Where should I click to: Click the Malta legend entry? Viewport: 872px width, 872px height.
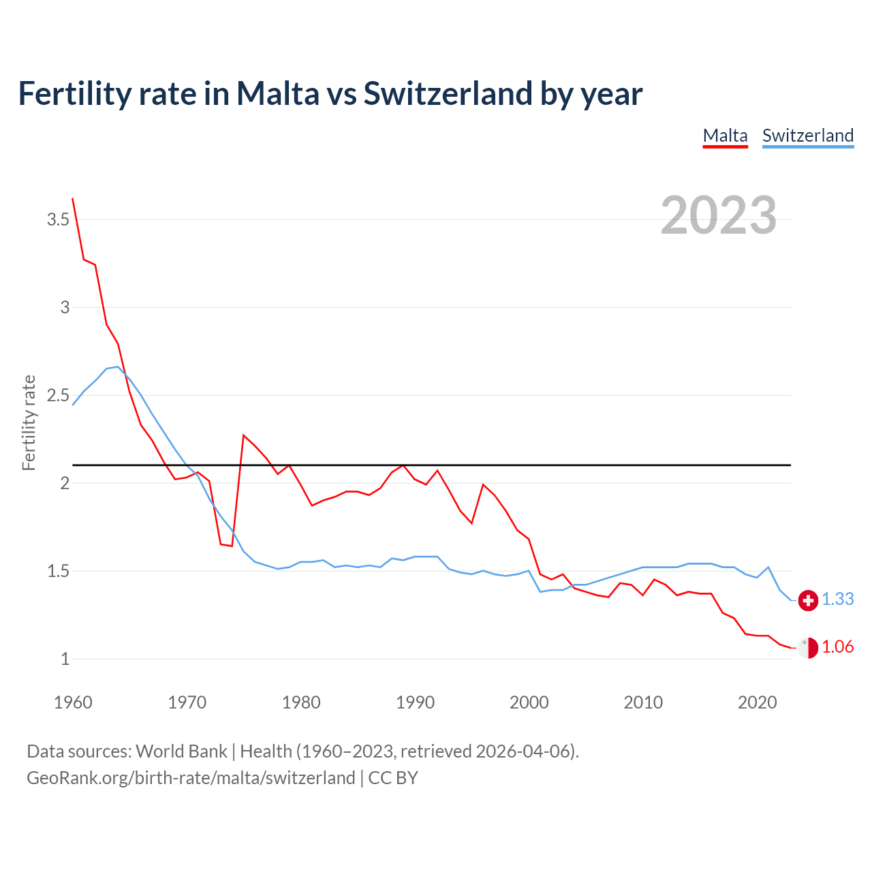[x=725, y=136]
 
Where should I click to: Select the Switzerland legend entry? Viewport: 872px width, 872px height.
[x=807, y=136]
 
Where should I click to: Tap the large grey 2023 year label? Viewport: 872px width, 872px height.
[x=718, y=215]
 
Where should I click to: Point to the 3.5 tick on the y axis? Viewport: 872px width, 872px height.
[x=58, y=219]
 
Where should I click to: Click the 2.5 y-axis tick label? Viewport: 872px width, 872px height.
[x=58, y=395]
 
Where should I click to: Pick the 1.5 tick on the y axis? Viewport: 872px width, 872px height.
[x=58, y=571]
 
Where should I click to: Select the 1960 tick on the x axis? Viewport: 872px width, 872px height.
[x=73, y=702]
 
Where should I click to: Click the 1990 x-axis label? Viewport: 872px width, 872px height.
[x=415, y=702]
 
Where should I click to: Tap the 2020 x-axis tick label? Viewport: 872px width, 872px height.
[x=757, y=702]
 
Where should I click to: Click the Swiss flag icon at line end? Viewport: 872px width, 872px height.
[x=808, y=600]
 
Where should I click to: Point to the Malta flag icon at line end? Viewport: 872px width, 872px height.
[x=808, y=648]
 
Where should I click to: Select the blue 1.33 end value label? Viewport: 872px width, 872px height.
[x=837, y=599]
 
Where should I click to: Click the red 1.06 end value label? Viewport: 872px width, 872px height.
[x=837, y=647]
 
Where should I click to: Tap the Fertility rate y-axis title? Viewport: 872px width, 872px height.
[x=29, y=422]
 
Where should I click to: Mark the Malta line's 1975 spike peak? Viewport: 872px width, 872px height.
[x=244, y=435]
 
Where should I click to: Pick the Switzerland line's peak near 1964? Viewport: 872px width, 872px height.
[x=118, y=367]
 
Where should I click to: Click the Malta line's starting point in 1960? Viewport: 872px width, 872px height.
[x=73, y=199]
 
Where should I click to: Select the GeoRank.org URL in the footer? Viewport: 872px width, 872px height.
[x=191, y=777]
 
